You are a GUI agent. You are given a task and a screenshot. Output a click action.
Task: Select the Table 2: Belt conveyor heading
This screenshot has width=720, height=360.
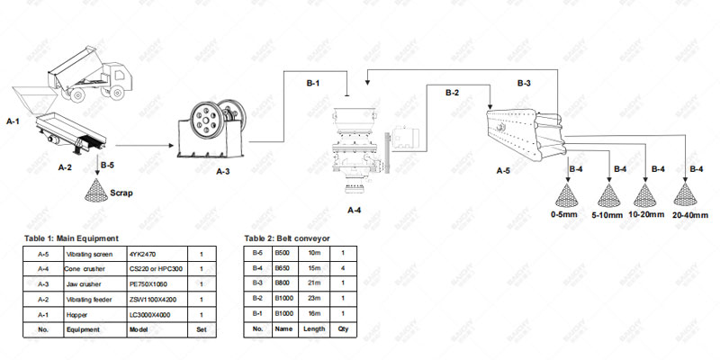(287, 238)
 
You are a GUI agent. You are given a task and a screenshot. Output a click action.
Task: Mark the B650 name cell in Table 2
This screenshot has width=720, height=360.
(284, 269)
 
